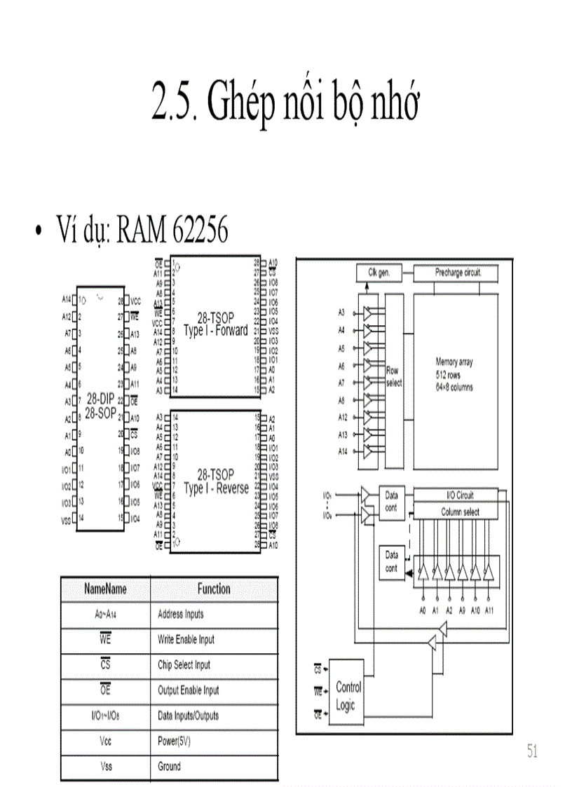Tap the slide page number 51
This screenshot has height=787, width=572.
click(533, 752)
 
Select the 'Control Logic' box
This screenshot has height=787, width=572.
click(348, 696)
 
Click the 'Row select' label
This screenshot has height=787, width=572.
click(394, 376)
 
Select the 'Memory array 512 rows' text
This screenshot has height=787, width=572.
click(454, 369)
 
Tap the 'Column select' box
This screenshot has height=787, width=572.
click(460, 512)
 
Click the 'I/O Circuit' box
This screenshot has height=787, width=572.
click(460, 495)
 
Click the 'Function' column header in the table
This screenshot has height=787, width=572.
click(213, 589)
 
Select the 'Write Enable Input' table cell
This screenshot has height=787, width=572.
click(186, 640)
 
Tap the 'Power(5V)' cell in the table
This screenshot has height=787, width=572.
click(175, 741)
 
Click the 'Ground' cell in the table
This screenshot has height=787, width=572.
click(169, 767)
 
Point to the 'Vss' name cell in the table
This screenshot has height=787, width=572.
click(106, 767)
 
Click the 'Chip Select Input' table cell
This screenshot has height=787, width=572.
click(184, 665)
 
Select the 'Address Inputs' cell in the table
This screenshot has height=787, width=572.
click(181, 615)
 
